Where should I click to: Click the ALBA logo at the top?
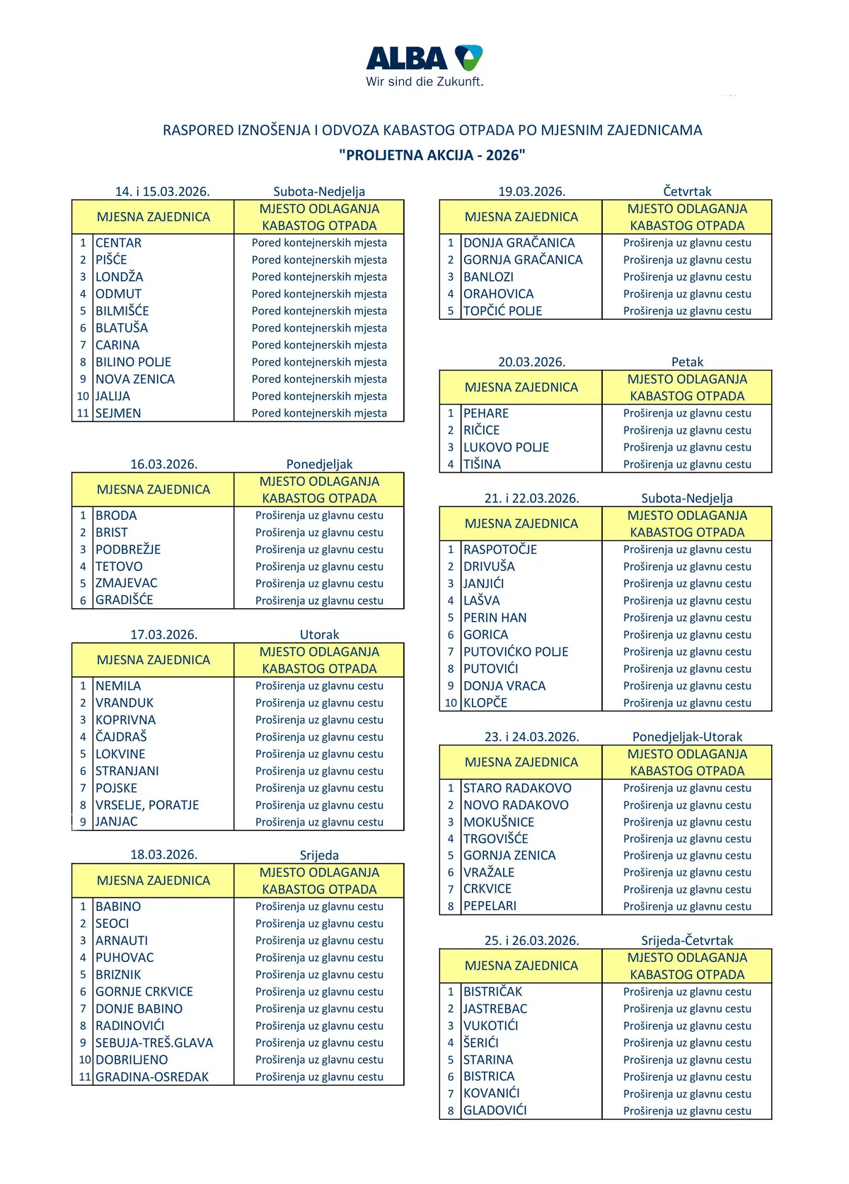424,58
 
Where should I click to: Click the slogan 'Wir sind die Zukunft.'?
424,82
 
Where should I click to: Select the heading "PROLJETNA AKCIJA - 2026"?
432,155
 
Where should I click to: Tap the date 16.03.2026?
163,464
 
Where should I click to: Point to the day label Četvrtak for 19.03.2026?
687,191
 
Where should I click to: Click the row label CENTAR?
118,243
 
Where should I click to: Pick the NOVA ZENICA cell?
135,379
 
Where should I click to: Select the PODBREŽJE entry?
128,550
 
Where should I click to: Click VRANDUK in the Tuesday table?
125,702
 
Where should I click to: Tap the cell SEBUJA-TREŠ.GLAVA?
154,1043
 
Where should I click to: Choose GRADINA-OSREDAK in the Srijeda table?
152,1076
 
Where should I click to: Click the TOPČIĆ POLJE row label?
502,310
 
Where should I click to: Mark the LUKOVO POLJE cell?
506,447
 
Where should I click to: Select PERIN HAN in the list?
495,617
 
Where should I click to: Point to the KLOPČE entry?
485,702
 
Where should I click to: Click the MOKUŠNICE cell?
499,822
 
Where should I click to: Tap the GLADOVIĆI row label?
495,1110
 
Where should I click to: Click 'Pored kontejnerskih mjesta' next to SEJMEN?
319,413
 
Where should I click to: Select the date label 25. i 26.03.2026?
531,941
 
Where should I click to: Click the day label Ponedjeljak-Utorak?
687,736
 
